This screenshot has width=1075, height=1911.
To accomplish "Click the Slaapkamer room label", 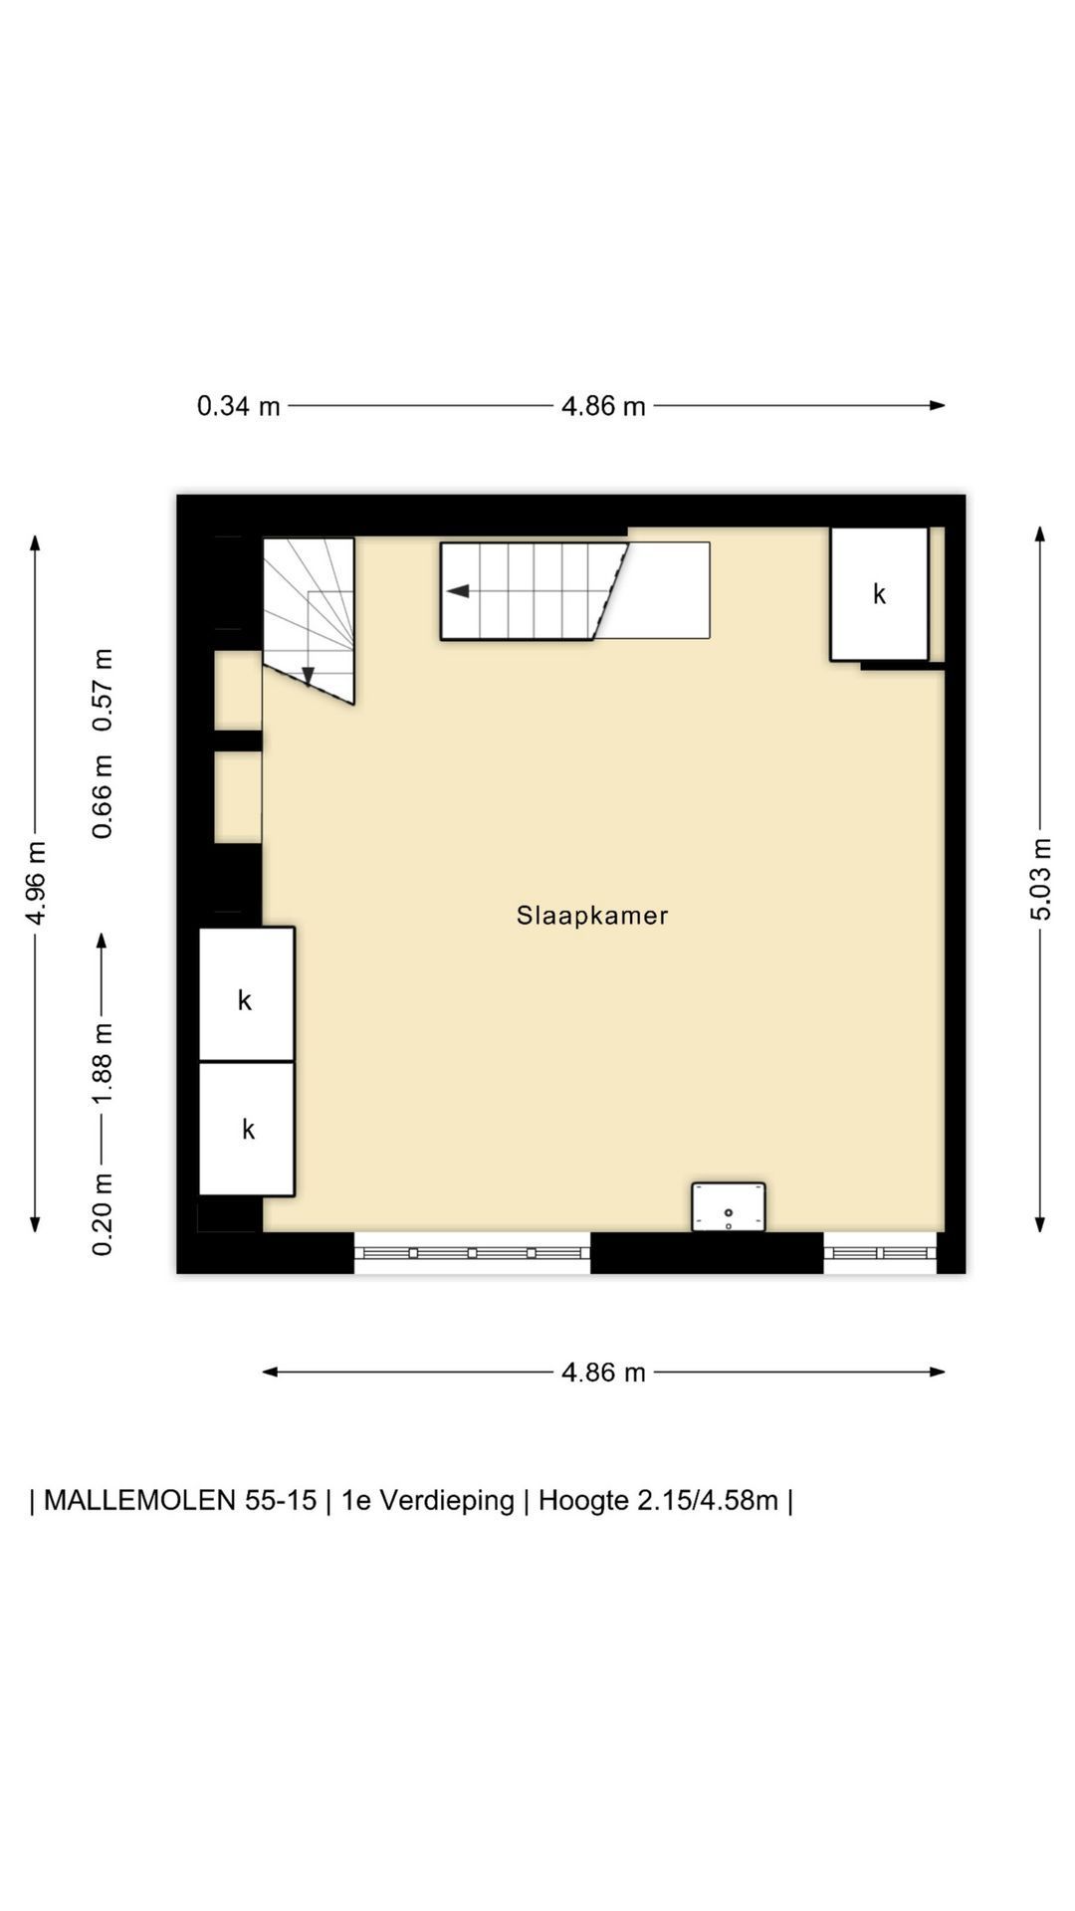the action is point(592,916).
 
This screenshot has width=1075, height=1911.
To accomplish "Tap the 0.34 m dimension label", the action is point(239,406).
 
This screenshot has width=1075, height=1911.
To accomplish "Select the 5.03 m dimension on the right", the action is point(1040,880).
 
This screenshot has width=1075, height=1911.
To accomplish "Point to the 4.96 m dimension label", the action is point(36,883).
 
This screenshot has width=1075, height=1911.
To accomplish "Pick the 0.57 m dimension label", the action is point(103,690).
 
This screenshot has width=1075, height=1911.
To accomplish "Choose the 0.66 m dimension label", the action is point(103,796).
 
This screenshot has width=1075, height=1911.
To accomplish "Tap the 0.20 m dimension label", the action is point(103,1214).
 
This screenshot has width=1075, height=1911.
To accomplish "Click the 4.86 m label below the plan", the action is point(603,1373).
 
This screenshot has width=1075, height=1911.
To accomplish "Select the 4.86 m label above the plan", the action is point(603,406).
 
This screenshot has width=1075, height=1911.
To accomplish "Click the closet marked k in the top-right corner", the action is point(879,594).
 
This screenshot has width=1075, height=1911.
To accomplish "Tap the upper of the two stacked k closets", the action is point(246,994).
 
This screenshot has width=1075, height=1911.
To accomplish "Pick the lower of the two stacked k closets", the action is point(246,1129).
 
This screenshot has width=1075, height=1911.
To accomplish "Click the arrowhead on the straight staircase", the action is point(457,591).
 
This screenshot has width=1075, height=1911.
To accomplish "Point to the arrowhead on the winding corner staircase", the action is point(308,677).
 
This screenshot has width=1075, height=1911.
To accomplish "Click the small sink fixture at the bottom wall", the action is point(729,1206).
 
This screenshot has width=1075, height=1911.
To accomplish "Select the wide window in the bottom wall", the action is point(472,1253).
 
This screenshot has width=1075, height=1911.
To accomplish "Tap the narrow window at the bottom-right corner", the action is point(880,1253).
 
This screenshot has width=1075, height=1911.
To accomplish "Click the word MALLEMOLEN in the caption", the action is point(138,1500).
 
